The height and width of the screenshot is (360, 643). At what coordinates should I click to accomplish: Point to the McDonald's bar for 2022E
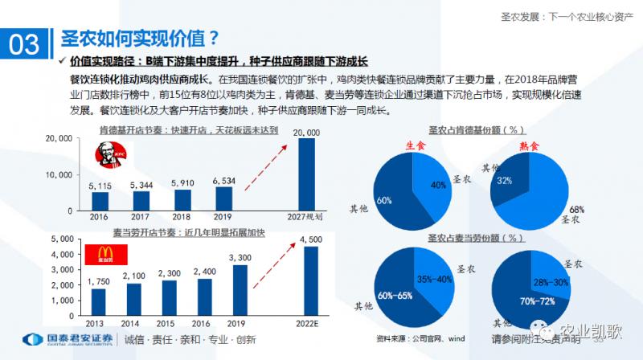tap(310, 281)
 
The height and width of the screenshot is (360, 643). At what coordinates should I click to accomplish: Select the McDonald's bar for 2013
tap(99, 301)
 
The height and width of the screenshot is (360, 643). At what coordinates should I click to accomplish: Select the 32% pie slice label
tap(504, 182)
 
